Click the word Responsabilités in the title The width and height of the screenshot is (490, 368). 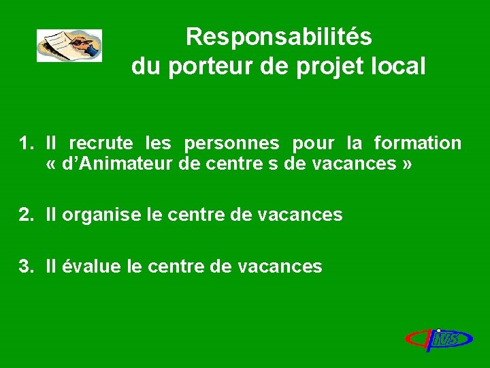click(x=278, y=37)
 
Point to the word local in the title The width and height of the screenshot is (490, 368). click(x=401, y=67)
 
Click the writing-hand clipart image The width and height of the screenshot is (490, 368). click(x=69, y=46)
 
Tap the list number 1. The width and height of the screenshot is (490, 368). click(x=25, y=143)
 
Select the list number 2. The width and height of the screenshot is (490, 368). click(x=25, y=215)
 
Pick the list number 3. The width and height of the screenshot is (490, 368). click(x=25, y=266)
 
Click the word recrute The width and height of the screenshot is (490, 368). click(x=101, y=143)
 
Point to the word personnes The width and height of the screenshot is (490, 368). click(x=231, y=143)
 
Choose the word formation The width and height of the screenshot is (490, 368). click(x=417, y=143)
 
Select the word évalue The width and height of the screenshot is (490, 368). click(x=93, y=266)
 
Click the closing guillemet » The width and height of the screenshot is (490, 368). click(x=407, y=164)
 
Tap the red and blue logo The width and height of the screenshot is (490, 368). click(x=439, y=339)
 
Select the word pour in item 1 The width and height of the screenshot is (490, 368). click(x=313, y=144)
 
